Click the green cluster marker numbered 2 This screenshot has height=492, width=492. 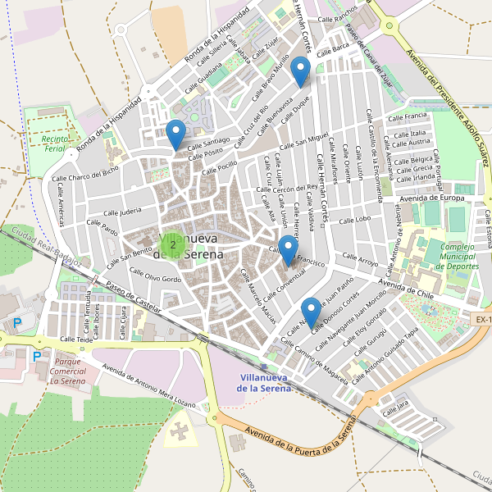click(173, 244)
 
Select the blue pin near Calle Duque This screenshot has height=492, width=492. click(301, 72)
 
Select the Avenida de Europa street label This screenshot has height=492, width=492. click(431, 198)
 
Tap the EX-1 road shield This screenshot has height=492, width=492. click(482, 318)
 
